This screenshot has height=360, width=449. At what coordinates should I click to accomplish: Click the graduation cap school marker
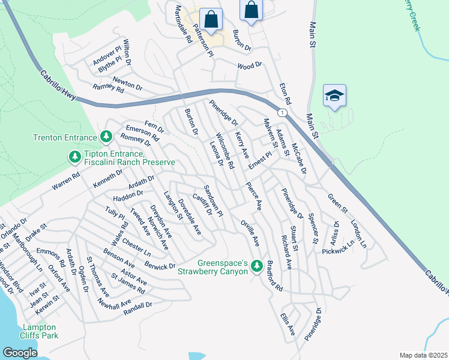[x=334, y=96]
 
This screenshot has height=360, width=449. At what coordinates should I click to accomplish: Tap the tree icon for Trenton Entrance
[x=106, y=137]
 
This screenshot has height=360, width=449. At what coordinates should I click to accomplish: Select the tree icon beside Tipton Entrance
[x=74, y=157]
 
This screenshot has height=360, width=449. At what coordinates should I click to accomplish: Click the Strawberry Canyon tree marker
[x=257, y=265]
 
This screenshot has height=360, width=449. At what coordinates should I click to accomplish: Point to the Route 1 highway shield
[x=281, y=113]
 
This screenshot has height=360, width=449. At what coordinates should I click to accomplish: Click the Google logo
[x=20, y=353]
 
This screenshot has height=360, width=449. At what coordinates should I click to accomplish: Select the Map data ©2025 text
[x=423, y=355]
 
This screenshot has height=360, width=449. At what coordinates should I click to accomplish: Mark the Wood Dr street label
[x=250, y=65]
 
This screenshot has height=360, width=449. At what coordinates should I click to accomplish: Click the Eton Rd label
[x=285, y=93]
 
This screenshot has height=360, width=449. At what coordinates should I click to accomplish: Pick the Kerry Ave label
[x=242, y=145]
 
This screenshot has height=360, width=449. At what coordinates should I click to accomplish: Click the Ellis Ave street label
[x=288, y=323]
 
